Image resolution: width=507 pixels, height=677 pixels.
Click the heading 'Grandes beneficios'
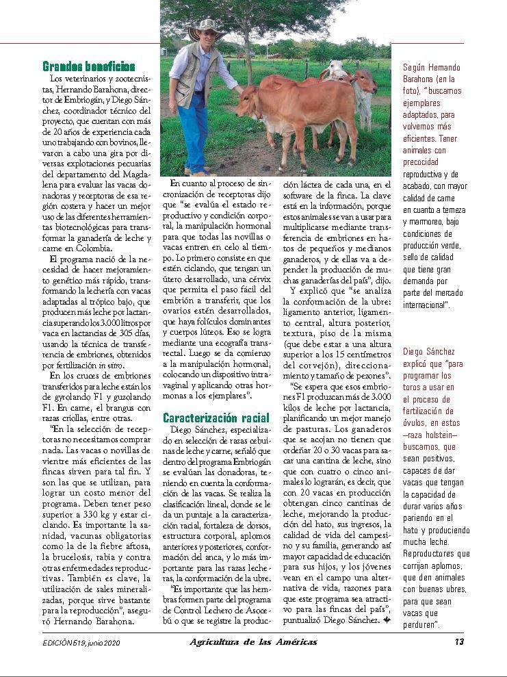click(x=88, y=67)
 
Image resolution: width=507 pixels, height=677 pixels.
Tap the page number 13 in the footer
click(x=459, y=641)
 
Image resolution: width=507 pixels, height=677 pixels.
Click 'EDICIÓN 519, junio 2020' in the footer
click(x=81, y=642)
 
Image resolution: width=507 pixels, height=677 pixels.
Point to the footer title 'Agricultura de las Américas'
click(x=253, y=641)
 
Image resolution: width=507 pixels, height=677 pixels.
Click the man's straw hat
click(x=207, y=29)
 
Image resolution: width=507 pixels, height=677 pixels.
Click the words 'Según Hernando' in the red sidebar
click(x=432, y=68)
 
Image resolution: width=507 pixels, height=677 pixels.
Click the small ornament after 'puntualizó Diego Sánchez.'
click(x=387, y=620)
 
